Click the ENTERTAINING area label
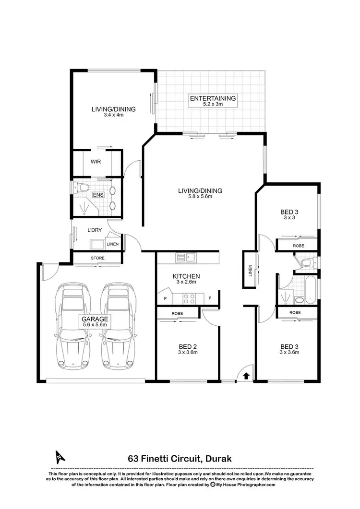tap(213, 98)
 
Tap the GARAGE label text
tap(94, 319)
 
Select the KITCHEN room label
tap(186, 276)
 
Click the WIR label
tap(95, 161)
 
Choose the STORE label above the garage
tap(97, 259)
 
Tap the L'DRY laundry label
tap(95, 230)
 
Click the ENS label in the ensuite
tap(98, 195)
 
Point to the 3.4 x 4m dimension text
tap(114, 115)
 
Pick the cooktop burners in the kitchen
tap(188, 298)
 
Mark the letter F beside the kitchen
tap(210, 298)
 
